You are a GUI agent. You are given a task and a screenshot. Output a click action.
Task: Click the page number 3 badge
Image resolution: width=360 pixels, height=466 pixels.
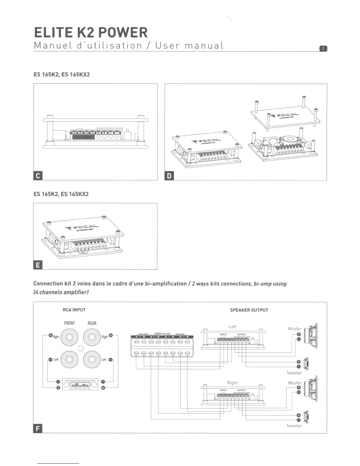point(323,49)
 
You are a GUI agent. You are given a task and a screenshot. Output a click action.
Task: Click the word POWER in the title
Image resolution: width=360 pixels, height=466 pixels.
point(123,32)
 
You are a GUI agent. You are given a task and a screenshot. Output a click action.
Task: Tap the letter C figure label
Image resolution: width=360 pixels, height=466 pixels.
point(38,176)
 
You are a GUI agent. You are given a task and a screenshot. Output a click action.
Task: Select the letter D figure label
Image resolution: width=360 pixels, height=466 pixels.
point(169,176)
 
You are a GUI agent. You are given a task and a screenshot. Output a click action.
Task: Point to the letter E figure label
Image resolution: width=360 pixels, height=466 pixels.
point(38,265)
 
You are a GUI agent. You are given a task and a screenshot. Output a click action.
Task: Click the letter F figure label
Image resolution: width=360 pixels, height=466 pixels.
point(38,429)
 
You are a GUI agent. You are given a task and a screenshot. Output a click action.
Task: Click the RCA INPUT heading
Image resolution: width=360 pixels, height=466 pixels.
point(74,310)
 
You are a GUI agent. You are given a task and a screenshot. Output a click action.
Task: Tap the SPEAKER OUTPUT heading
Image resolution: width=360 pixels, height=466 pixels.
point(249,310)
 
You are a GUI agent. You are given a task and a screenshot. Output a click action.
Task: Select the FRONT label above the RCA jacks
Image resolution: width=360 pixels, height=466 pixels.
point(69,323)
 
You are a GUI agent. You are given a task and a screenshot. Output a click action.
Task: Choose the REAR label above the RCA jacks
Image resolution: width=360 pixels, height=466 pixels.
point(92,323)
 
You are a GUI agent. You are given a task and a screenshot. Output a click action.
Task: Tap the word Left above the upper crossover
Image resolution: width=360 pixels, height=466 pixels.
point(232,327)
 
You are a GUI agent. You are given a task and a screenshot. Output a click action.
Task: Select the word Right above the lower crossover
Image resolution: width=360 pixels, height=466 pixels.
point(232,383)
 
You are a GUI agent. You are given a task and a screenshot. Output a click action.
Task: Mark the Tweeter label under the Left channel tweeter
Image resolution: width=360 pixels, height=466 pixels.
point(294,373)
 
